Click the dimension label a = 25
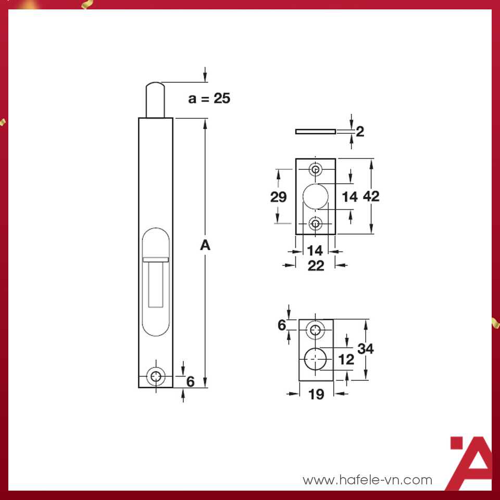(209, 98)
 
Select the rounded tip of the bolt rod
(155, 86)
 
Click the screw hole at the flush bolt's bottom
(155, 377)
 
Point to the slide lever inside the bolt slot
(156, 259)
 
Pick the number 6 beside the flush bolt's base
(190, 382)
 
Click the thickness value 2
(359, 131)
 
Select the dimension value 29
(279, 197)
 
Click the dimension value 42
(371, 196)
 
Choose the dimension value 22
(316, 266)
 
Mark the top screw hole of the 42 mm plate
(316, 169)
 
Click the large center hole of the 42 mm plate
(316, 196)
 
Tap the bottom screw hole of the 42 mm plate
(316, 223)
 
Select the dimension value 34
(366, 348)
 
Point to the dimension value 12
(346, 359)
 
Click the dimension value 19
(316, 394)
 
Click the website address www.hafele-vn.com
(367, 480)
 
